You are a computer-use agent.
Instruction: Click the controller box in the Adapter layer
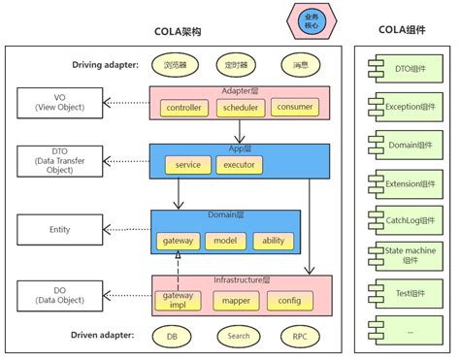pos(183,107)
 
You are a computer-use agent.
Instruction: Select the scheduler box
pos(239,107)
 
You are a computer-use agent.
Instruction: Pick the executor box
pos(240,166)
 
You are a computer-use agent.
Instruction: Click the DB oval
pos(172,337)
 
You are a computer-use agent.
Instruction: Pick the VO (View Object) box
pos(56,102)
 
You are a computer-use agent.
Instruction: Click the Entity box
pos(56,231)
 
